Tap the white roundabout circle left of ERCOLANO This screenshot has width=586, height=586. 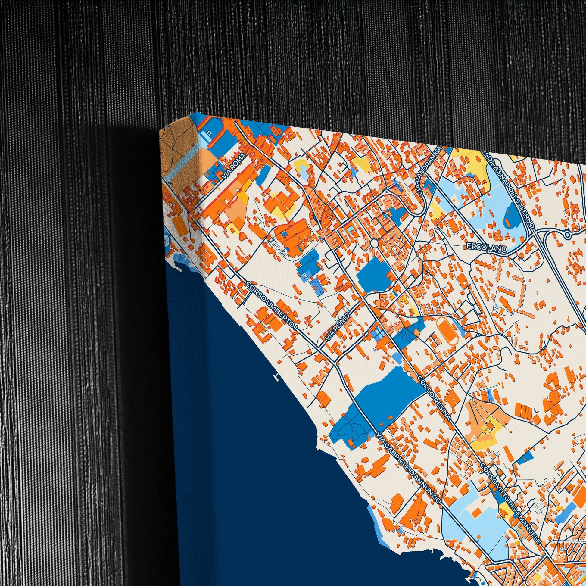374,243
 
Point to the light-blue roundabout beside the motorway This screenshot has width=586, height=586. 568,235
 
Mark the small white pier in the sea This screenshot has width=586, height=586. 276,377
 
